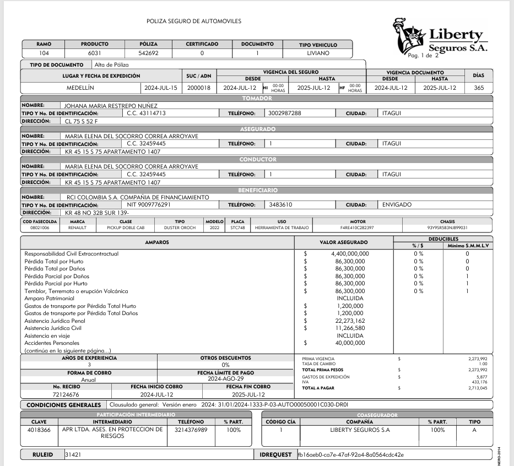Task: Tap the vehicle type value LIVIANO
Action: tap(318, 54)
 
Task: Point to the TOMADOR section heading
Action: tap(257, 98)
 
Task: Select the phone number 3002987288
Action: tap(285, 113)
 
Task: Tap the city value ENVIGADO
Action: tap(397, 204)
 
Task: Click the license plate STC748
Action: tap(237, 227)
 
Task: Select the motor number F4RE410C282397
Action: tap(357, 227)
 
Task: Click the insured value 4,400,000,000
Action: tap(350, 253)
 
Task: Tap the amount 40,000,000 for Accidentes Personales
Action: tap(350, 343)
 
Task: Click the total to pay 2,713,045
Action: tap(477, 388)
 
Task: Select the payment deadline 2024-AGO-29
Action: tap(225, 380)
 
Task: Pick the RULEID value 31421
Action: tap(73, 454)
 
